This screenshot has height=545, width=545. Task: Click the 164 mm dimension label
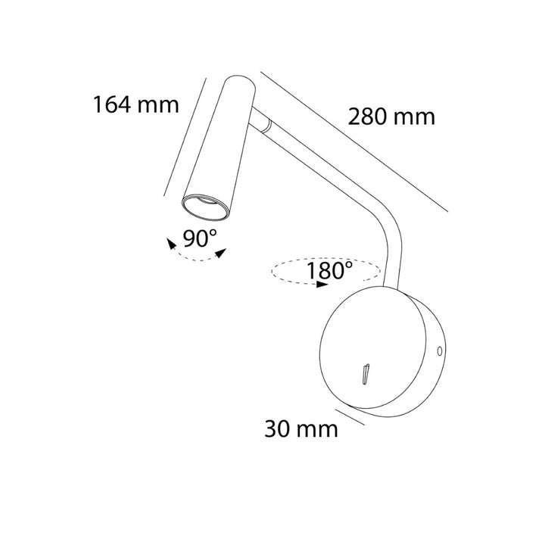pyautogui.click(x=136, y=104)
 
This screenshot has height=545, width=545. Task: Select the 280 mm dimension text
pyautogui.click(x=391, y=117)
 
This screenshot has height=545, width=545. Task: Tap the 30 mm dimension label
pyautogui.click(x=301, y=429)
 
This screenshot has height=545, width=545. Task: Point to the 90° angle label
pyautogui.click(x=200, y=238)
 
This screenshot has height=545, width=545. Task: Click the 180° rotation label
pyautogui.click(x=329, y=270)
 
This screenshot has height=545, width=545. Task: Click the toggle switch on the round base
pyautogui.click(x=366, y=375)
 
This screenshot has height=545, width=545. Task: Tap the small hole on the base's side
pyautogui.click(x=440, y=351)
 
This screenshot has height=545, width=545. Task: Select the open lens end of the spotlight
pyautogui.click(x=206, y=207)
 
